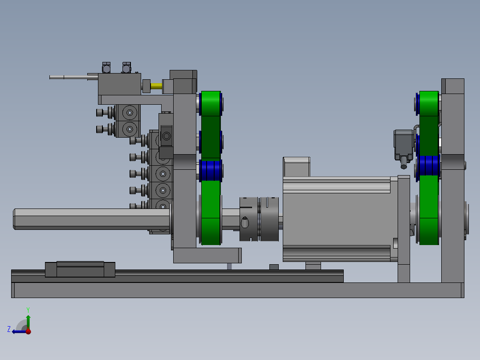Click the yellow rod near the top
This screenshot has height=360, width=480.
156,86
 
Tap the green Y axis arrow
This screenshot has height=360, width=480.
28,322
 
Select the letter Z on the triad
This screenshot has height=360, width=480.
9,329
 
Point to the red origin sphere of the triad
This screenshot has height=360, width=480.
28,331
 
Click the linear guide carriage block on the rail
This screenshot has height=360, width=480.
80,269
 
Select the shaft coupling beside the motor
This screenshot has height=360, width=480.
259,219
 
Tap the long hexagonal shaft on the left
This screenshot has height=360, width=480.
91,219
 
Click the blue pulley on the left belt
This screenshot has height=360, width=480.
211,170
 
